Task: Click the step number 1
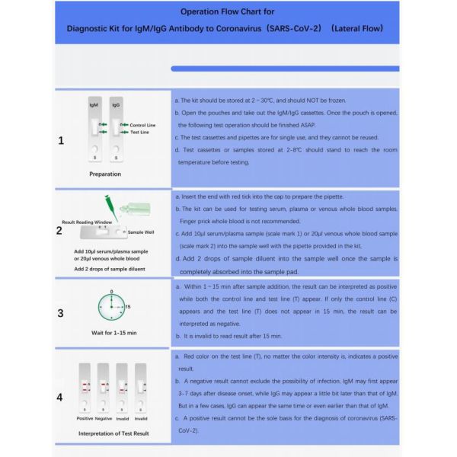click(61, 141)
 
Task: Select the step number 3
click(60, 312)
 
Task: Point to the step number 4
click(60, 396)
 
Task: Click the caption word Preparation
click(105, 174)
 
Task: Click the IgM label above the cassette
click(94, 104)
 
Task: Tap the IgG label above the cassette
click(116, 104)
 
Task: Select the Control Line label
click(142, 125)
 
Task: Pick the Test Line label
click(139, 133)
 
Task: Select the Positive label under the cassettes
click(84, 419)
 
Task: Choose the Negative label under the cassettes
click(103, 419)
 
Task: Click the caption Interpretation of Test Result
click(113, 433)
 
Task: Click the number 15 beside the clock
click(128, 306)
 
